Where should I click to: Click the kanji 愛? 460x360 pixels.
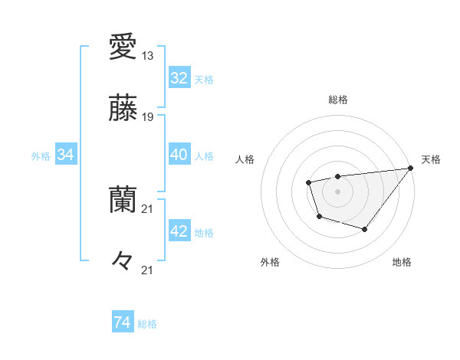pyautogui.click(x=123, y=47)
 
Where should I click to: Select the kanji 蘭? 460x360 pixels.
pyautogui.click(x=123, y=200)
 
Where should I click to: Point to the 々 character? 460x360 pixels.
pyautogui.click(x=123, y=260)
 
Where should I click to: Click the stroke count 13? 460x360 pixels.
pyautogui.click(x=148, y=55)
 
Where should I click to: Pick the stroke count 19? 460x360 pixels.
pyautogui.click(x=148, y=116)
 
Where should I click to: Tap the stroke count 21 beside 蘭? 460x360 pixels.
pyautogui.click(x=148, y=208)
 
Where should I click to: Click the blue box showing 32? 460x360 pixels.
pyautogui.click(x=179, y=78)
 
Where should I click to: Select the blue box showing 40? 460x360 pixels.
pyautogui.click(x=179, y=155)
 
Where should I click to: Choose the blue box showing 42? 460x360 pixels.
pyautogui.click(x=179, y=231)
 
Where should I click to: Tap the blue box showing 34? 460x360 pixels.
pyautogui.click(x=65, y=155)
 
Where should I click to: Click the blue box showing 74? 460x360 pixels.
pyautogui.click(x=122, y=322)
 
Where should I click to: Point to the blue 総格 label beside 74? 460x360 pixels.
pyautogui.click(x=147, y=324)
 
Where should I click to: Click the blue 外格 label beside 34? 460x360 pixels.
pyautogui.click(x=41, y=156)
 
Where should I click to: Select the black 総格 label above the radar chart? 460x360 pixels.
pyautogui.click(x=337, y=100)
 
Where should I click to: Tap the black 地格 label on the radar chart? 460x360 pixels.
pyautogui.click(x=402, y=263)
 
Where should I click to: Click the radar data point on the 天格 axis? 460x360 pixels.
pyautogui.click(x=412, y=168)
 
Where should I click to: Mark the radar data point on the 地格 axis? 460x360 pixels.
pyautogui.click(x=365, y=229)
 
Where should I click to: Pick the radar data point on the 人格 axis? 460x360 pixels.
pyautogui.click(x=308, y=182)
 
